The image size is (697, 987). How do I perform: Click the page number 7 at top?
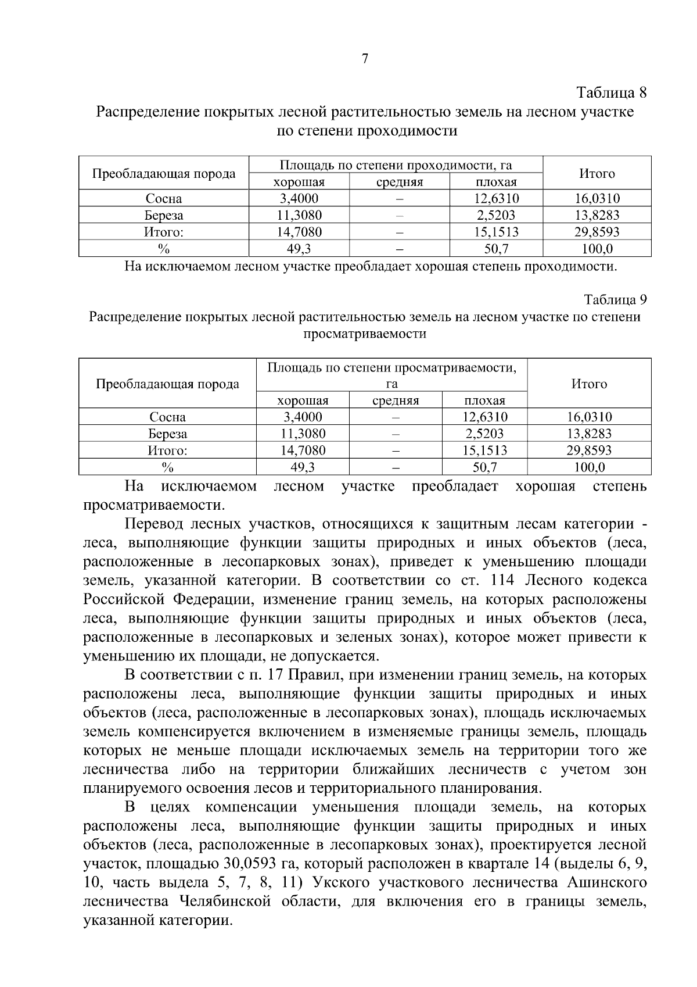tap(365, 59)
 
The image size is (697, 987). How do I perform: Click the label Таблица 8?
tap(611, 92)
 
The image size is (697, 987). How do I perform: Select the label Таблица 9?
tap(615, 300)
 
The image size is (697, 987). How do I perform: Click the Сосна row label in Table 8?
tap(164, 199)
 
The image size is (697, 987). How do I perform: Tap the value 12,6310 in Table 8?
tap(496, 199)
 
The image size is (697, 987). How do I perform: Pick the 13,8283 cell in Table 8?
tap(597, 216)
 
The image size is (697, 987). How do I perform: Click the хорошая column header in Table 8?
tap(299, 183)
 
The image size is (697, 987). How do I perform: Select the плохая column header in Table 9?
tap(484, 400)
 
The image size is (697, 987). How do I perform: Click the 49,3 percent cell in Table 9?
tap(303, 467)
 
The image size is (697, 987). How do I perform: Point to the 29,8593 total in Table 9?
tap(589, 450)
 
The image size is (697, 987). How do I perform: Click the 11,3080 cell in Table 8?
tap(299, 216)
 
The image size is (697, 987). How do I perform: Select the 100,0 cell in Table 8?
tap(597, 249)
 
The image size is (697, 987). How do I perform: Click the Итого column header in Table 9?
tap(589, 384)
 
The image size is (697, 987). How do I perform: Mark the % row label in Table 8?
tap(164, 249)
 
